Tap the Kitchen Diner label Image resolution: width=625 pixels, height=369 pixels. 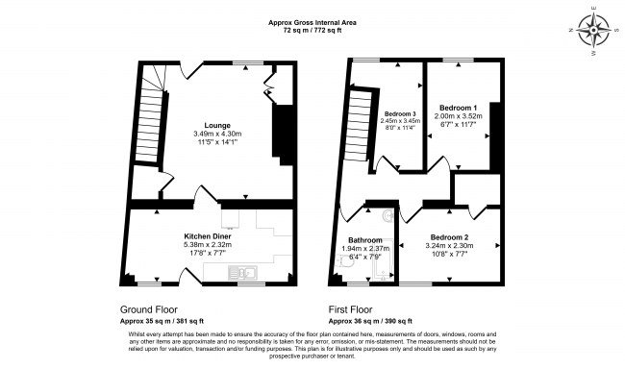pos(209,235)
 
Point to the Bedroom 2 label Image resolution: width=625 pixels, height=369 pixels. pos(450,236)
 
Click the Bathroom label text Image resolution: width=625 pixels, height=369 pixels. pos(365,240)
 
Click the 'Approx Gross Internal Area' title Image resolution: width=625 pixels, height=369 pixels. pos(312,22)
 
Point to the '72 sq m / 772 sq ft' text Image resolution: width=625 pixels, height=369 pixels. pos(312,31)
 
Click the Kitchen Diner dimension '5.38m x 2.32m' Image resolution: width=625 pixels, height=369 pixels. pos(209,244)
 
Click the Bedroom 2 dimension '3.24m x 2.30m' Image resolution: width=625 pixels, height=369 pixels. pos(450,245)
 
